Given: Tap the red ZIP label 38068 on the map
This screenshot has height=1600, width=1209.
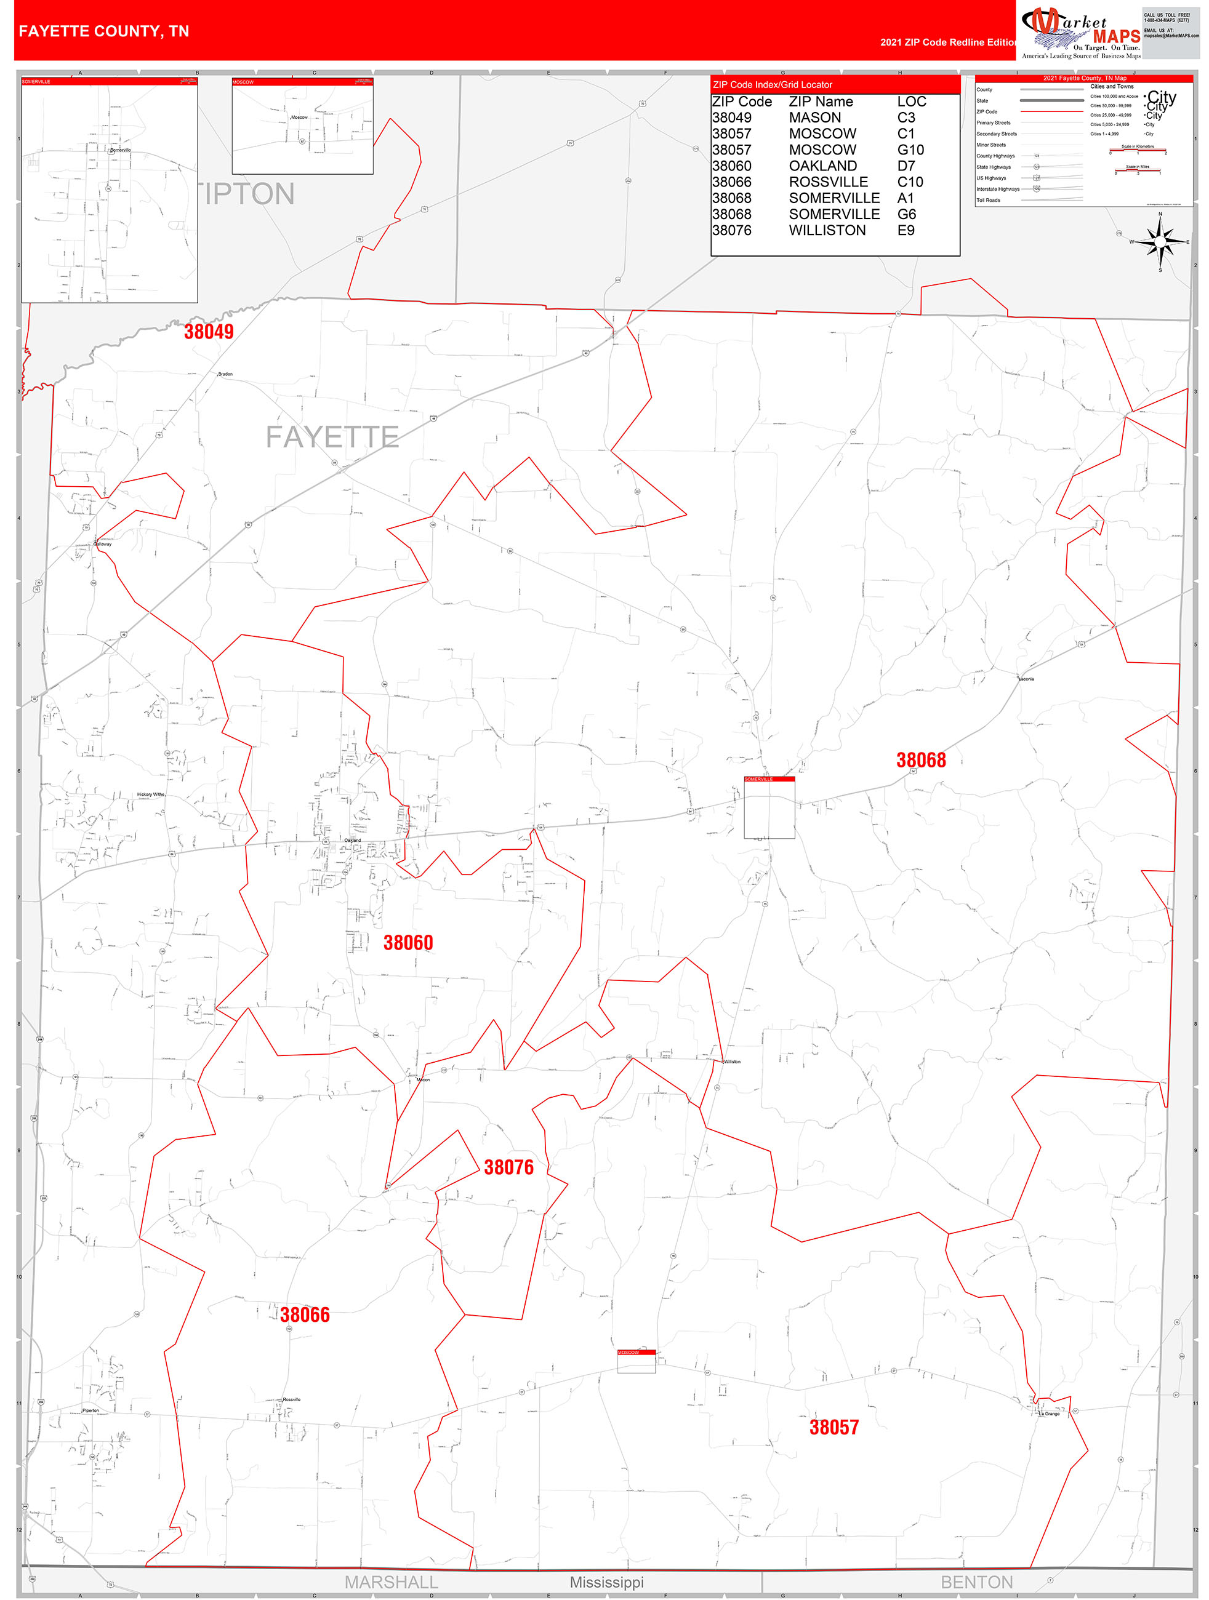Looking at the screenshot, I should click(x=920, y=760).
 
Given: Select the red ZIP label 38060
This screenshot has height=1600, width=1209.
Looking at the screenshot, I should click(x=408, y=943).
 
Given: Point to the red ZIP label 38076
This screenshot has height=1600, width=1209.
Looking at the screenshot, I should click(x=508, y=1167).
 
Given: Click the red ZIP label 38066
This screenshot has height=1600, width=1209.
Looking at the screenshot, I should click(x=305, y=1315).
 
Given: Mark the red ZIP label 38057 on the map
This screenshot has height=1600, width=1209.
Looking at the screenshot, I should click(x=833, y=1427).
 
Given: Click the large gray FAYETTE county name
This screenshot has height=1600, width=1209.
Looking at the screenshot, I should click(x=332, y=437).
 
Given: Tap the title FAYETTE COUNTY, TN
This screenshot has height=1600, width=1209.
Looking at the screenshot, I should click(x=104, y=31).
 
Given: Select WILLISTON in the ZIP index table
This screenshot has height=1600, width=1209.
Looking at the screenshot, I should click(x=827, y=231).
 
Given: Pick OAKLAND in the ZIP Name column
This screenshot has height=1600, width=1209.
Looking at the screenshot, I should click(x=822, y=166).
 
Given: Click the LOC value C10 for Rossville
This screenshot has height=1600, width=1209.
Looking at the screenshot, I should click(x=910, y=182).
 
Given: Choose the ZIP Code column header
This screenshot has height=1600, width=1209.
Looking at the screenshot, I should click(x=742, y=102).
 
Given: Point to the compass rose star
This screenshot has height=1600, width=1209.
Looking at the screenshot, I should click(x=1160, y=242).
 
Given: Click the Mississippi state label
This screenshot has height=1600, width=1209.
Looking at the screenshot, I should click(x=606, y=1582).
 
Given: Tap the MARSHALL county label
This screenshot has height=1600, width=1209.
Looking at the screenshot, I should click(x=391, y=1582).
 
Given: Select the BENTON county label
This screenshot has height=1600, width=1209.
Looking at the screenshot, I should click(x=976, y=1582).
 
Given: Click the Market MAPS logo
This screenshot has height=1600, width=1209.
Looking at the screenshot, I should click(x=1081, y=33).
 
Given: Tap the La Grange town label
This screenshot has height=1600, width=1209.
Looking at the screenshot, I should click(x=1049, y=1414).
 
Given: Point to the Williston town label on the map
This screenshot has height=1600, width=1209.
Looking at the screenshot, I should click(x=732, y=1062).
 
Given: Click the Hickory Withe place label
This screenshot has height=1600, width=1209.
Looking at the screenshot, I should click(x=151, y=794).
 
